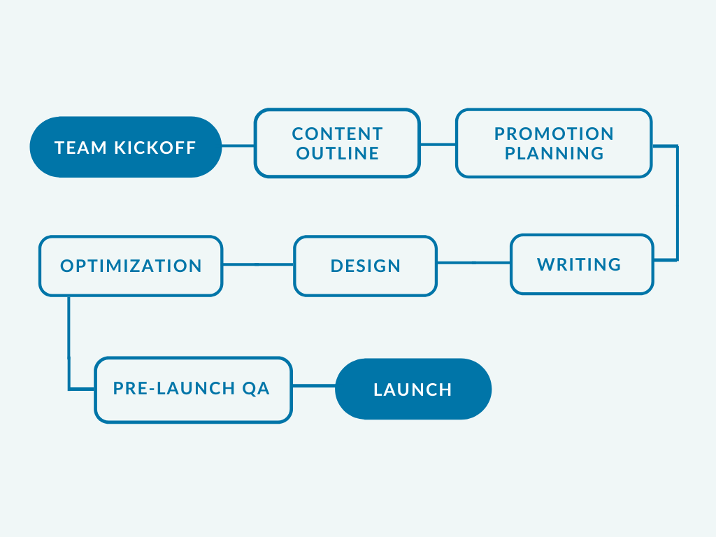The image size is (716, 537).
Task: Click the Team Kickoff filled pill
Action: pyautogui.click(x=126, y=147)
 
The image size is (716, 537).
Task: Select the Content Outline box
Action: pyautogui.click(x=337, y=143)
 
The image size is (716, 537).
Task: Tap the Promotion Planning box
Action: pyautogui.click(x=554, y=143)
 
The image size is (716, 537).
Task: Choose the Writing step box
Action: pyautogui.click(x=582, y=264)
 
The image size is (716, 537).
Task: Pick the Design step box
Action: pyautogui.click(x=365, y=266)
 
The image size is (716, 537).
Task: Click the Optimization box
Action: pyautogui.click(x=131, y=266)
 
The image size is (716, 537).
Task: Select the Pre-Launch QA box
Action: pyautogui.click(x=193, y=389)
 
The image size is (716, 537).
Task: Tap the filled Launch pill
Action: pyautogui.click(x=413, y=389)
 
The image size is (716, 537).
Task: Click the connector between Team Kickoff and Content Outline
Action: pyautogui.click(x=238, y=146)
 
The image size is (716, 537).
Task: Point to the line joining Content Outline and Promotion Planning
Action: pyautogui.click(x=438, y=145)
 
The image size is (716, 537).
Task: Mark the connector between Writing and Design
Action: pyautogui.click(x=473, y=263)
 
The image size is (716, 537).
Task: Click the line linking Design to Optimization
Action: pyautogui.click(x=258, y=264)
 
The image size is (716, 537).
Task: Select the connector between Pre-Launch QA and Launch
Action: pyautogui.click(x=314, y=386)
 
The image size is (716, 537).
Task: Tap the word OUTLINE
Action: pyautogui.click(x=338, y=153)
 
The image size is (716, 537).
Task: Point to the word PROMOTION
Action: pyautogui.click(x=554, y=134)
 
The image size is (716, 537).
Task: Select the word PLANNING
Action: pyautogui.click(x=554, y=153)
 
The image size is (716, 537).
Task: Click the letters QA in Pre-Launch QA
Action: pyautogui.click(x=256, y=389)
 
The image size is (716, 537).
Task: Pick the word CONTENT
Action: pyautogui.click(x=338, y=134)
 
